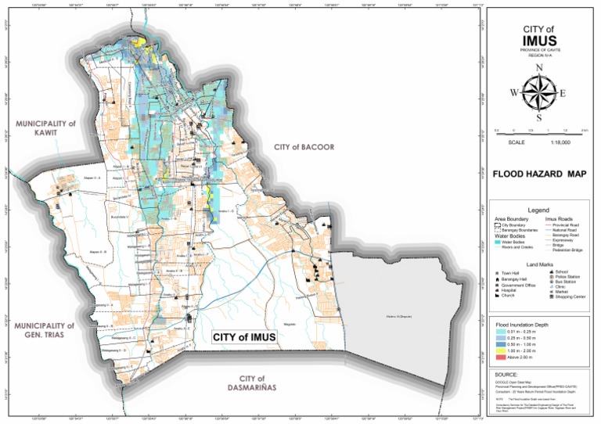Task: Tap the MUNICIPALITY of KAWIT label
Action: click(45, 128)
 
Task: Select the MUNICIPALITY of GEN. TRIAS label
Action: click(45, 330)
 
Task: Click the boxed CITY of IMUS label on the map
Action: click(244, 336)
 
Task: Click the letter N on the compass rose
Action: click(538, 68)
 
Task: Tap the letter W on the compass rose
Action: click(514, 93)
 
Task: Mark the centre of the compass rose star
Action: click(538, 93)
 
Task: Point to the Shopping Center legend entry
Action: click(570, 297)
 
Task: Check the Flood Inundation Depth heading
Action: click(523, 324)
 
